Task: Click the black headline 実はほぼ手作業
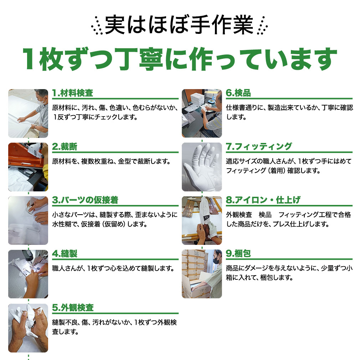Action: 179,25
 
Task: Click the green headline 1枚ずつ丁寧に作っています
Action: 180,59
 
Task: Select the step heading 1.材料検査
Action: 73,93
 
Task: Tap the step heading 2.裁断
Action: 65,146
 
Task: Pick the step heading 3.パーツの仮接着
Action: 85,200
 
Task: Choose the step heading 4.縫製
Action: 65,254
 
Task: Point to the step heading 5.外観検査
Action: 73,308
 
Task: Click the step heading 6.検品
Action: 238,93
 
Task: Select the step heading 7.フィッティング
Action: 259,146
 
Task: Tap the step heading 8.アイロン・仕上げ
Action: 263,200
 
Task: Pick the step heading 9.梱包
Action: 238,254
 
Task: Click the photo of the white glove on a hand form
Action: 202,167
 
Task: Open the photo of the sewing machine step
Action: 28,274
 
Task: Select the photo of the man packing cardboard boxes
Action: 202,274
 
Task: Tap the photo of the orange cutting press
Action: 28,167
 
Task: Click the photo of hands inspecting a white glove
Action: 28,328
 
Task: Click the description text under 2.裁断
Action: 111,161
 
